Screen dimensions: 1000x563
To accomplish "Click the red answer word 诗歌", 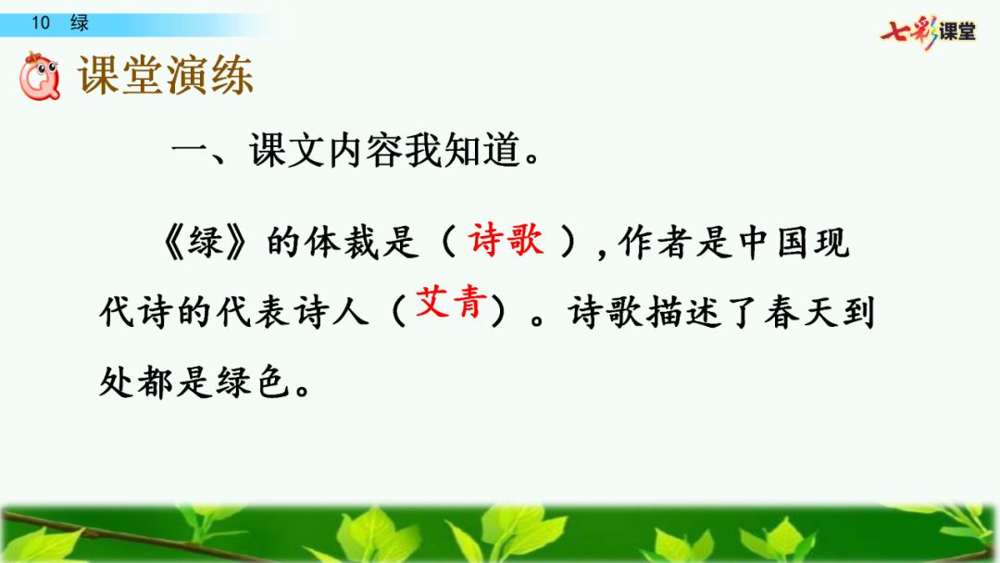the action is coord(506,241).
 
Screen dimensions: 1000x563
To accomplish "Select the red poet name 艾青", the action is coord(451,302).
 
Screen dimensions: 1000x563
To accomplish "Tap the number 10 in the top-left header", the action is coord(40,23).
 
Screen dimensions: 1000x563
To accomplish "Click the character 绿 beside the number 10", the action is coord(80,23).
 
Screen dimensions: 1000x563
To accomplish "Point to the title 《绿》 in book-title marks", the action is coord(205,243).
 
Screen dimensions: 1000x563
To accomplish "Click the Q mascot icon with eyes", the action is coord(40,77).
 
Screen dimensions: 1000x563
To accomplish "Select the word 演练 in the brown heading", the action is coord(210,75).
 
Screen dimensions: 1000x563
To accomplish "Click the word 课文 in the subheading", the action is coord(287,151).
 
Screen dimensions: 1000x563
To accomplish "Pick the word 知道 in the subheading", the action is coord(481,151).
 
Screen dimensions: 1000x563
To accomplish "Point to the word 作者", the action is coord(656,243).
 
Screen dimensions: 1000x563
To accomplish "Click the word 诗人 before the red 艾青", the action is coord(331,313).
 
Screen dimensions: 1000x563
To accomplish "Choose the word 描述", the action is coord(683,313).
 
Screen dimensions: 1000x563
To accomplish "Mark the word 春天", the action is coord(801,313).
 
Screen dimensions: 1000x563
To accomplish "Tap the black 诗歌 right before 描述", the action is coord(606,313).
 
